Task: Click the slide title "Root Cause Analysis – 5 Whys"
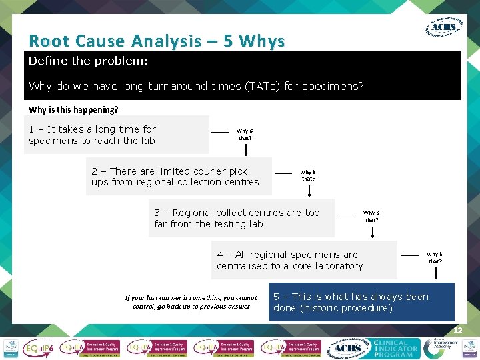(157, 41)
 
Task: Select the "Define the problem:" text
(88, 61)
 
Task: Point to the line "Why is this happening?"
(73, 109)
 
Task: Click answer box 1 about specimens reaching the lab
(117, 135)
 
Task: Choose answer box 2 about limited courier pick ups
(179, 176)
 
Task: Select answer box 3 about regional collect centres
(243, 218)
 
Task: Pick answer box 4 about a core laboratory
(306, 260)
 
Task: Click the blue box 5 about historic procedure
(361, 302)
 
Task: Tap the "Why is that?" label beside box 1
(245, 134)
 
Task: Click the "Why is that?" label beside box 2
(308, 175)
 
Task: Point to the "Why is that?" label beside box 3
(371, 216)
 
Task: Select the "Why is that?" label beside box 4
(435, 257)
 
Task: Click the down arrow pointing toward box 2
(247, 151)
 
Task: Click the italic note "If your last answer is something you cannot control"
(191, 302)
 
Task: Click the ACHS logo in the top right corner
(443, 27)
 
